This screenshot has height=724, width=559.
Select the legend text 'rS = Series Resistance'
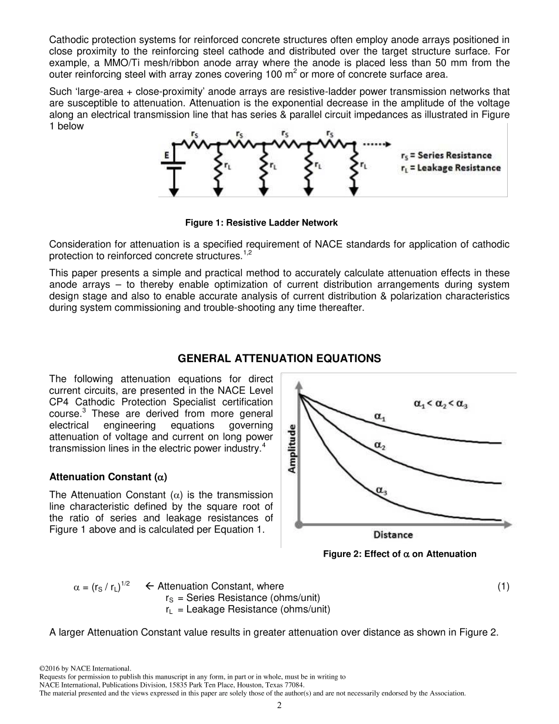[445, 155]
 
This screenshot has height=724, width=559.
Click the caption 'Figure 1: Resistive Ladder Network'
[261, 222]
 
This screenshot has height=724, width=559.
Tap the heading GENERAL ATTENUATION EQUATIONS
[279, 358]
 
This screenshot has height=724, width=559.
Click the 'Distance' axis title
[392, 534]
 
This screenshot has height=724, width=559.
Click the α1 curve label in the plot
[381, 416]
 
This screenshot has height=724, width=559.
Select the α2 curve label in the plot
[380, 446]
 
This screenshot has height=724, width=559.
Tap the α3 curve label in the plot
[381, 490]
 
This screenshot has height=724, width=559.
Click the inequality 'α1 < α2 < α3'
[440, 404]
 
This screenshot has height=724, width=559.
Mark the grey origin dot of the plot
[300, 523]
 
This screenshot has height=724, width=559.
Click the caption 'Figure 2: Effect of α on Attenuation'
[400, 554]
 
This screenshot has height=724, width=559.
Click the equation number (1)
[503, 586]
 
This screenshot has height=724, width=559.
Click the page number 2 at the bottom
[279, 705]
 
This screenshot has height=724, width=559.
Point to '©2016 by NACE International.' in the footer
[85, 669]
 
